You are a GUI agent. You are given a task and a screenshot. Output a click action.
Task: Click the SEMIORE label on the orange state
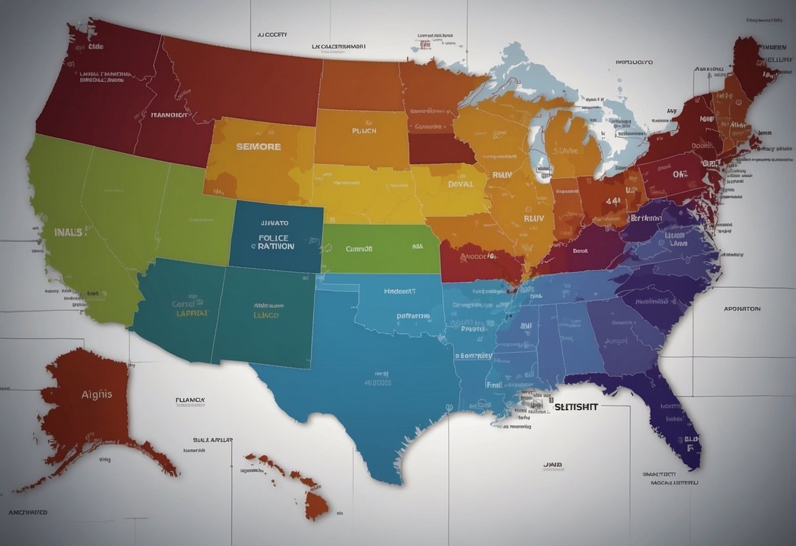[x=259, y=147]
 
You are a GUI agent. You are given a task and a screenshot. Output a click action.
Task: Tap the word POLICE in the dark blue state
[x=273, y=238]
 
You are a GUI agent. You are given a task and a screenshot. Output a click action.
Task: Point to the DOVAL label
[x=461, y=185]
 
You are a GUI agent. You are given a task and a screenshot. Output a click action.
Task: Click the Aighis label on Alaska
[x=96, y=394]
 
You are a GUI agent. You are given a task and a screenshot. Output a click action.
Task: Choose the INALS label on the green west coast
[x=68, y=232]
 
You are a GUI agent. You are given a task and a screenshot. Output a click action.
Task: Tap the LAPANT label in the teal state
[x=192, y=314]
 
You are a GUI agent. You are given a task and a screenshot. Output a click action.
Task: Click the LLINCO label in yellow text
[x=266, y=315]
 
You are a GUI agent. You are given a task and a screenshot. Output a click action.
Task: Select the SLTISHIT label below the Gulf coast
[x=576, y=407]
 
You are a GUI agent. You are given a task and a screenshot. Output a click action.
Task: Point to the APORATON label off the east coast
[x=742, y=308]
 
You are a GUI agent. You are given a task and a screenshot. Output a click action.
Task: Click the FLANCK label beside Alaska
[x=190, y=399]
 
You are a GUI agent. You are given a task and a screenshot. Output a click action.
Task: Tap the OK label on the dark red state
[x=679, y=175]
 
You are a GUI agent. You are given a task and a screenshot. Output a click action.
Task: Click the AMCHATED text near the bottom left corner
[x=28, y=512]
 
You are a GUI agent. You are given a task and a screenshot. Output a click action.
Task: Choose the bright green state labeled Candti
[x=381, y=249]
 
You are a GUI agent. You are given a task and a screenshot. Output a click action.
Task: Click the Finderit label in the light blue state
[x=400, y=291]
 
